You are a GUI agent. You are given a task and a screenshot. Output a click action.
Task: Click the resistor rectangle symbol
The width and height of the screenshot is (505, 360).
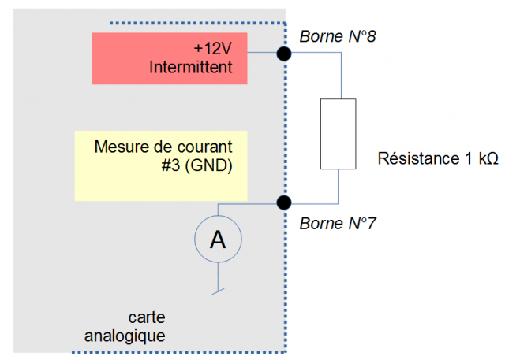coord(339,134)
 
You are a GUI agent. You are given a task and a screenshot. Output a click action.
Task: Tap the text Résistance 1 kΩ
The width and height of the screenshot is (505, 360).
coord(438,159)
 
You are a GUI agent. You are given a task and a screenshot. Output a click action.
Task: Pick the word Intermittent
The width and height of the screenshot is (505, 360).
coord(192,67)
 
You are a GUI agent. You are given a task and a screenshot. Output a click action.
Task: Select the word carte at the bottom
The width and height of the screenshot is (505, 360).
coord(147,318)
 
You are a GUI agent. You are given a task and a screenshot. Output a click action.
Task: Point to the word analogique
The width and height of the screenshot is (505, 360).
coord(127,336)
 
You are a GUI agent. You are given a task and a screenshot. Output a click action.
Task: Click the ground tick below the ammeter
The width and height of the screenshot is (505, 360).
coord(216,291)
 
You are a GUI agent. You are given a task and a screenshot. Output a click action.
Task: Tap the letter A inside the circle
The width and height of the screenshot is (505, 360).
coord(216,241)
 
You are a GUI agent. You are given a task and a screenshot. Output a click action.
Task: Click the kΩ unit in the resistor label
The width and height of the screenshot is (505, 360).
coord(488,159)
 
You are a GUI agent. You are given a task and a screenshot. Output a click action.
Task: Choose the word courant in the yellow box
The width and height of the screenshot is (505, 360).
coord(208,147)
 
